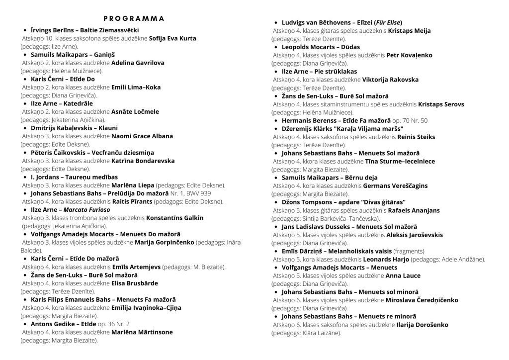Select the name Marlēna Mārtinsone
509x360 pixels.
[x=142, y=332]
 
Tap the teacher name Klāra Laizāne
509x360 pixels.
[x=322, y=332]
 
